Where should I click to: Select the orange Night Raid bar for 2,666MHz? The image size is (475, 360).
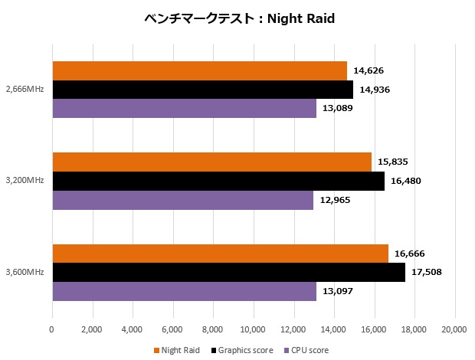click(199, 70)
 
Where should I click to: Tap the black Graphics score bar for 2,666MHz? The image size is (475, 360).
click(202, 90)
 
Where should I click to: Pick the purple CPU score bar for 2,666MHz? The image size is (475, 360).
click(184, 108)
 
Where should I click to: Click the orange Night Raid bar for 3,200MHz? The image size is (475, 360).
click(211, 162)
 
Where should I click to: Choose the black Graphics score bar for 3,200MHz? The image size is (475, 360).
click(218, 181)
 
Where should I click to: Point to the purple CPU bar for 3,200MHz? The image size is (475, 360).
click(182, 200)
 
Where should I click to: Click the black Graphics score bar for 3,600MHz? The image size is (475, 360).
click(228, 273)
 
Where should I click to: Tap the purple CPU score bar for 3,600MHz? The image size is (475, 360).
click(184, 291)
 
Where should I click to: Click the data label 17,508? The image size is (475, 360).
click(427, 272)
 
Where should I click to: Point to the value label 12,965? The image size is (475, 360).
click(335, 200)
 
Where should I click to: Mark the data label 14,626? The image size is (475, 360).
click(369, 70)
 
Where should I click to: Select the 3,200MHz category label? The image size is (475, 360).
click(24, 181)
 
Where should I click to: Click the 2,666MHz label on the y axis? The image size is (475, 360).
click(24, 90)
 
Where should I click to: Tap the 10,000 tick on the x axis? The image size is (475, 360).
click(253, 330)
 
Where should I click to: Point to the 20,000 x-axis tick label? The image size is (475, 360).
click(455, 330)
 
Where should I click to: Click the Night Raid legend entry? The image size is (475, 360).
click(182, 351)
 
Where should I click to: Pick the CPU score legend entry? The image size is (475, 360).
click(307, 351)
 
